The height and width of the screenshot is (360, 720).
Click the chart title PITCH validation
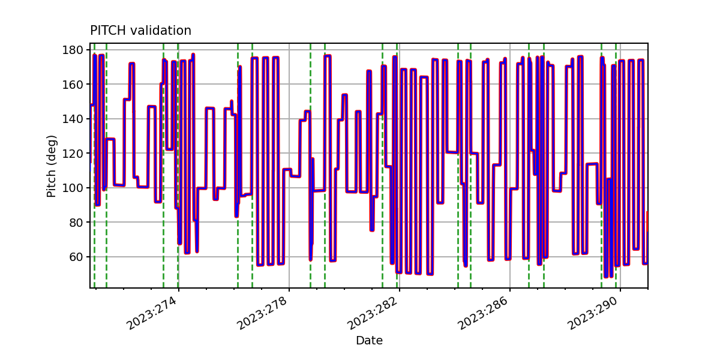pyautogui.click(x=140, y=31)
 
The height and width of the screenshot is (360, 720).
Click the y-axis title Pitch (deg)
pyautogui.click(x=52, y=166)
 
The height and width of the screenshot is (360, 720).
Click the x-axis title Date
pyautogui.click(x=369, y=340)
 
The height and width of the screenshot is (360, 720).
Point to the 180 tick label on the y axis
pyautogui.click(x=73, y=50)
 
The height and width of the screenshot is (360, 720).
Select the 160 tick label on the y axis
pyautogui.click(x=73, y=84)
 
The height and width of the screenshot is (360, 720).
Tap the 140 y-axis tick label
pyautogui.click(x=73, y=119)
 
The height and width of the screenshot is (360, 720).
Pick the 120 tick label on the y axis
pyautogui.click(x=73, y=154)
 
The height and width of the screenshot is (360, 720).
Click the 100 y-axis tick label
pyautogui.click(x=73, y=188)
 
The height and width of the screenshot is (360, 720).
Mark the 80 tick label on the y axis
pyautogui.click(x=76, y=222)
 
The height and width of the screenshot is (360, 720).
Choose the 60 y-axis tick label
pyautogui.click(x=76, y=257)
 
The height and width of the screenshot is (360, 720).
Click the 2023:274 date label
pyautogui.click(x=152, y=313)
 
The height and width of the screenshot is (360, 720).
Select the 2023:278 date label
pyautogui.click(x=262, y=313)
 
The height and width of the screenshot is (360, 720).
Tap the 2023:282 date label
pyautogui.click(x=373, y=313)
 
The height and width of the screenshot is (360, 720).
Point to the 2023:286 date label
pyautogui.click(x=483, y=313)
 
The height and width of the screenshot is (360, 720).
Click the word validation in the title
pyautogui.click(x=161, y=31)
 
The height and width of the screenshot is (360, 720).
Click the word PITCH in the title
pyautogui.click(x=108, y=31)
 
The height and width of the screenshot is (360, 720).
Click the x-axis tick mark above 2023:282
pyautogui.click(x=400, y=290)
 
